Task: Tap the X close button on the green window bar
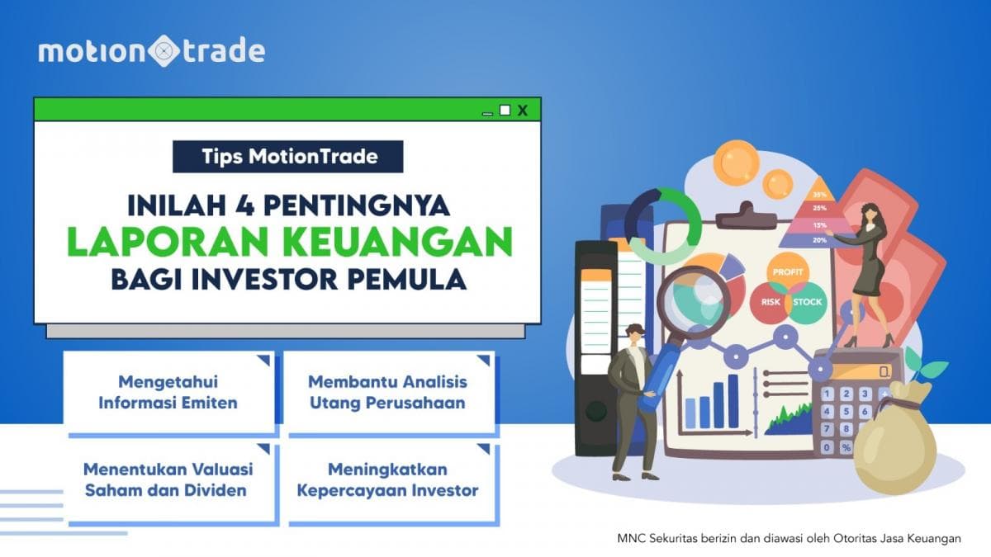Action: click(522, 110)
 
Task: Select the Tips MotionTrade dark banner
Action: click(287, 157)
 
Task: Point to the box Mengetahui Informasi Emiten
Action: click(168, 393)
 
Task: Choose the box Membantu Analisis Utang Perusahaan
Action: click(387, 393)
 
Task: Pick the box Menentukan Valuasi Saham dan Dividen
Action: click(168, 480)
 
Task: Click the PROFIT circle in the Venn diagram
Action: click(787, 271)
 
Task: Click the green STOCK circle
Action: click(807, 302)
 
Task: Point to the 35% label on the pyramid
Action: click(819, 195)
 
